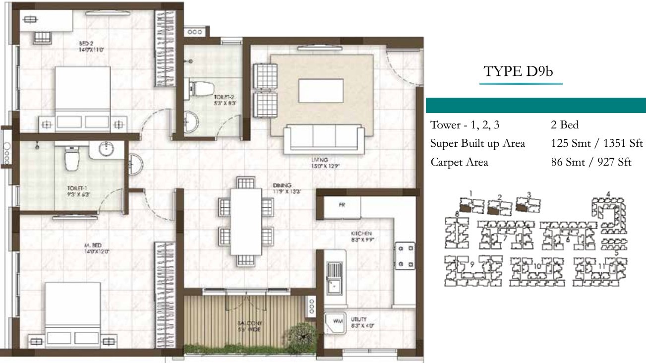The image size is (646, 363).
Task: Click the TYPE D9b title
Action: tap(518, 72)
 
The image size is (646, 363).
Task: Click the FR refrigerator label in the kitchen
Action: tap(342, 204)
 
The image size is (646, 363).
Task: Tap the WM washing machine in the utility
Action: tap(338, 322)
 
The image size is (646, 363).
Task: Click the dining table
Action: tap(246, 221)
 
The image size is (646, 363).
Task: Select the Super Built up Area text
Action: tap(477, 144)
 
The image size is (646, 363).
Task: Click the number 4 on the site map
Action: tap(608, 193)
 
